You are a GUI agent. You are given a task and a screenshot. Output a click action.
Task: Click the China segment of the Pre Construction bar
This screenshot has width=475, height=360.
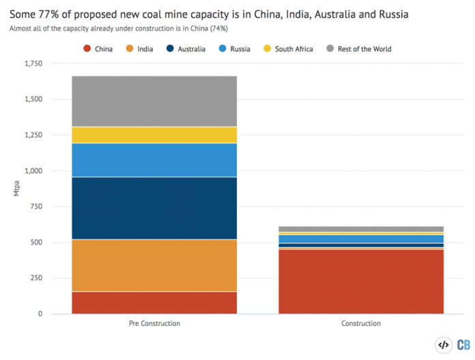154,302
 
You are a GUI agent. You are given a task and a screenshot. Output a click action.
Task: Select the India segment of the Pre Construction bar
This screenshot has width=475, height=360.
154,265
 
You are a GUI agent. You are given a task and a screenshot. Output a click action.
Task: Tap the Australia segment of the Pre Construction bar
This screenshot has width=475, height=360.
154,208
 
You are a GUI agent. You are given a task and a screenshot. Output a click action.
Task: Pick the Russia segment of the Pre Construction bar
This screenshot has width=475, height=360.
154,160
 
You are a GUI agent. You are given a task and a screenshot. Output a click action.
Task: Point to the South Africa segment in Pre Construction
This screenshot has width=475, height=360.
154,134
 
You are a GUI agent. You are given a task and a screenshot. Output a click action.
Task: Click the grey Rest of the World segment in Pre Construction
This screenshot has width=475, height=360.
154,101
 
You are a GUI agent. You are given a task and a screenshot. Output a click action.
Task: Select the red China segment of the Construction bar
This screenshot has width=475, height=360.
362,281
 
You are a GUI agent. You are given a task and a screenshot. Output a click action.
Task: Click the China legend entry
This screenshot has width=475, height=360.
101,49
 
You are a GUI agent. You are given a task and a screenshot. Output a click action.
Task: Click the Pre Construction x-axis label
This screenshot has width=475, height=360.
154,323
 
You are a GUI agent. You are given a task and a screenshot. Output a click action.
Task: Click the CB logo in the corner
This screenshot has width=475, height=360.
463,345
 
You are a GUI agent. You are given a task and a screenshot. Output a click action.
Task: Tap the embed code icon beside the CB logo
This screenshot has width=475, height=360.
442,345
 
